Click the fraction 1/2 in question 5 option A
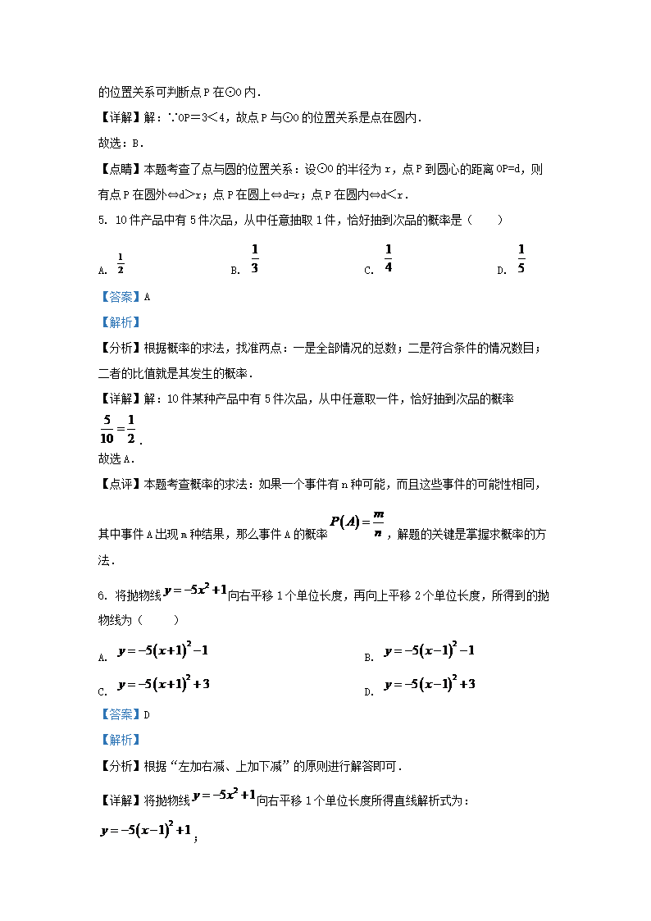point(121,264)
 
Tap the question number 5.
point(102,220)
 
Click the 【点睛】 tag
point(120,170)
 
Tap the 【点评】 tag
point(120,486)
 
